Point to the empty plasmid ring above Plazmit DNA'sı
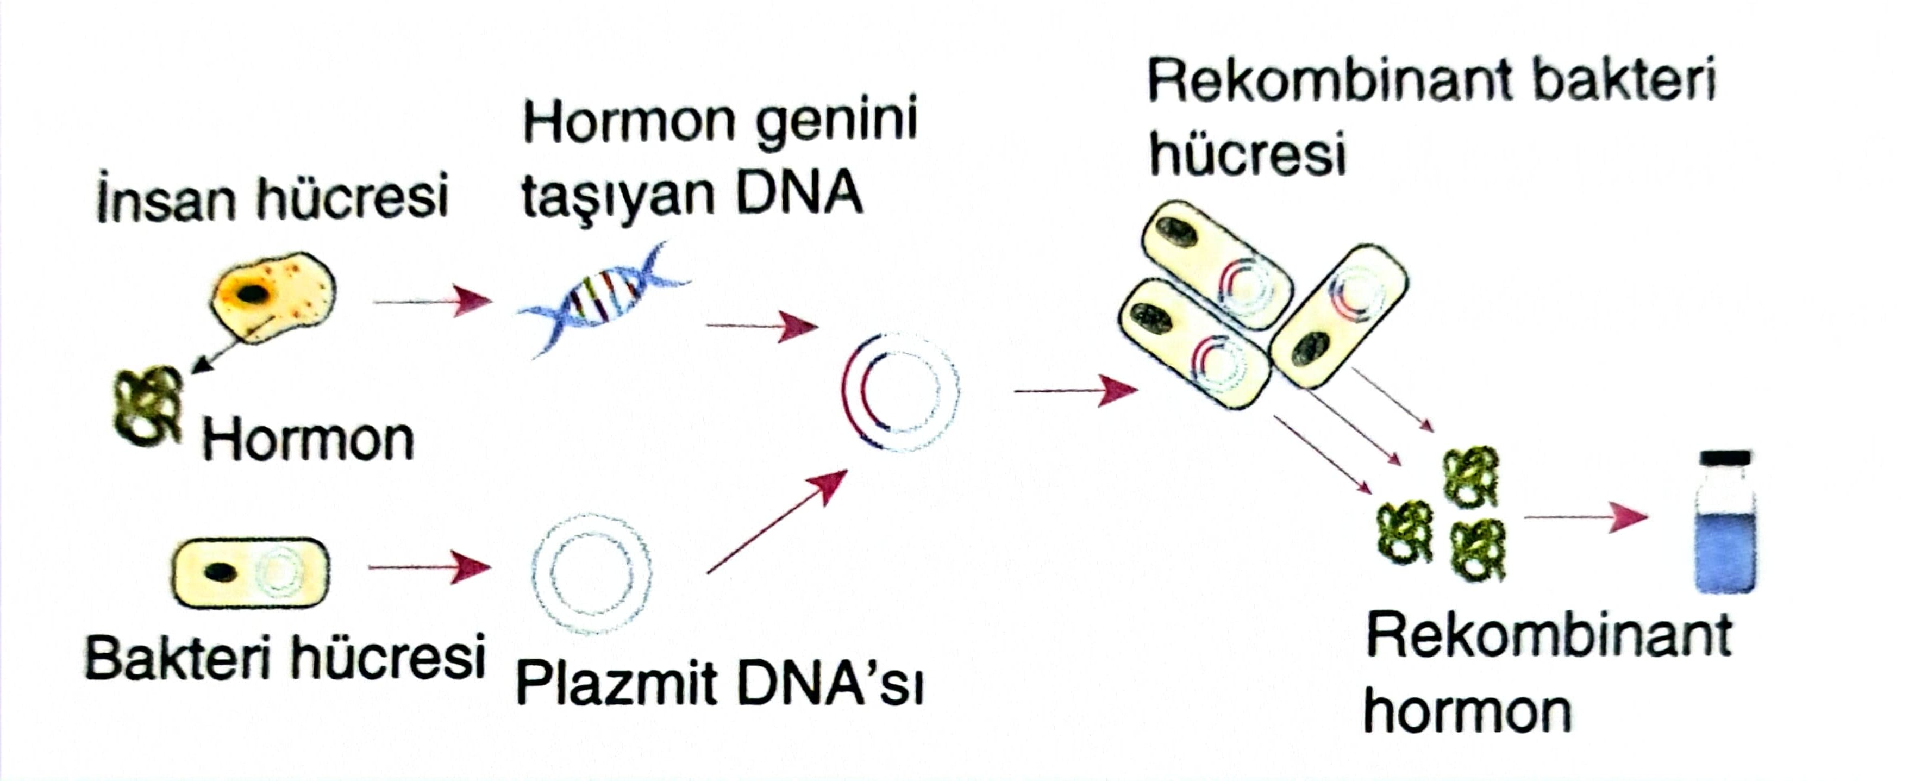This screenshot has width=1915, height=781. [592, 573]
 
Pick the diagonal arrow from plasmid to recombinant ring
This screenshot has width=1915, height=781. [777, 521]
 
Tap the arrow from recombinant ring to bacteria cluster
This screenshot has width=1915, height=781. [1075, 390]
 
